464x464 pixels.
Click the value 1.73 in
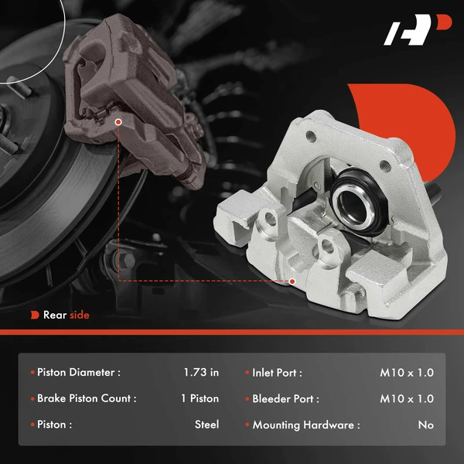pos(201,373)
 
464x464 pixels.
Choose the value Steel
pos(206,425)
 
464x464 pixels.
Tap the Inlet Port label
pos(277,373)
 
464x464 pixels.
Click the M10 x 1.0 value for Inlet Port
pos(407,373)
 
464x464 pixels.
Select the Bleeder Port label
pos(285,399)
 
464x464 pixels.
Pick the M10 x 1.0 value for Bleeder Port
pos(407,399)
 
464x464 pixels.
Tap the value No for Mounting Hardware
pos(425,425)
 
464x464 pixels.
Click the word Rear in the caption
pos(55,315)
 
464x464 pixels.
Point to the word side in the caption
pos(80,315)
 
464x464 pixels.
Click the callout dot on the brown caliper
pos(118,122)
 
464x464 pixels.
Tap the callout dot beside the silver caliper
pos(292,281)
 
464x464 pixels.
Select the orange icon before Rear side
pos(35,315)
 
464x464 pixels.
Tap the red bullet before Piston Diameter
pos(32,373)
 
